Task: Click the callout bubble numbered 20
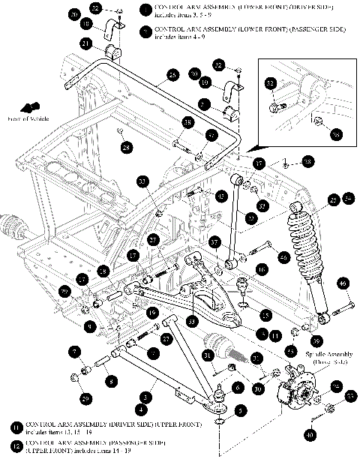tap(73, 15)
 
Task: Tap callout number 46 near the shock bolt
tap(342, 284)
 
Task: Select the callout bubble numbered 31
tap(208, 355)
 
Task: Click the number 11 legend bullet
tap(16, 426)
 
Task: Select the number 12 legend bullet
tap(16, 446)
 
